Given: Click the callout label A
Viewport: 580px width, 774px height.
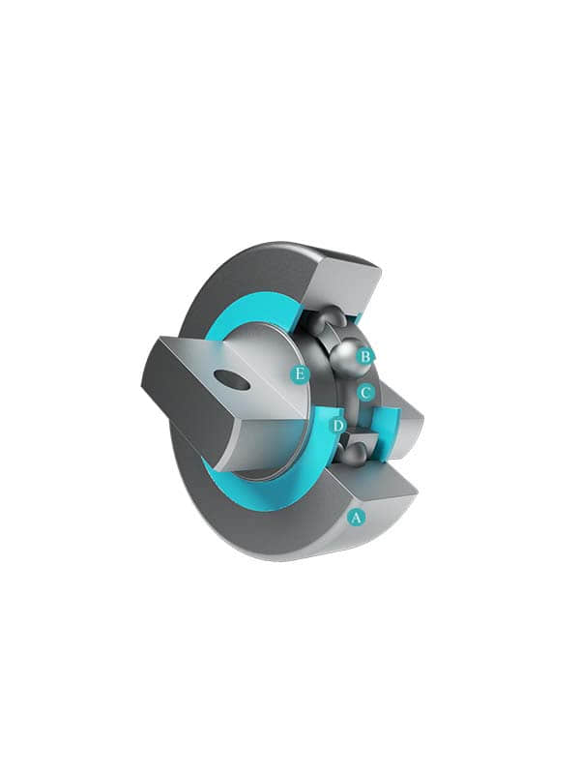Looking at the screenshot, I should click(x=356, y=517).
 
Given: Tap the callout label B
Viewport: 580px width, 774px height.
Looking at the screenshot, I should click(x=365, y=356).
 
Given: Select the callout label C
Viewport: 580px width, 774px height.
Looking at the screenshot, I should click(x=364, y=393).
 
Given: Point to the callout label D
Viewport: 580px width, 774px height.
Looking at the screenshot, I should click(x=338, y=426).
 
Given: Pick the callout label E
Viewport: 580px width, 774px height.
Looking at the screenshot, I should click(x=301, y=372).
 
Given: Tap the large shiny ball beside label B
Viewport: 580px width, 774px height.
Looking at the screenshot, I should click(x=345, y=359).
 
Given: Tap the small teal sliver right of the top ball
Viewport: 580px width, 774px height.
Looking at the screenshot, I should click(x=359, y=316).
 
